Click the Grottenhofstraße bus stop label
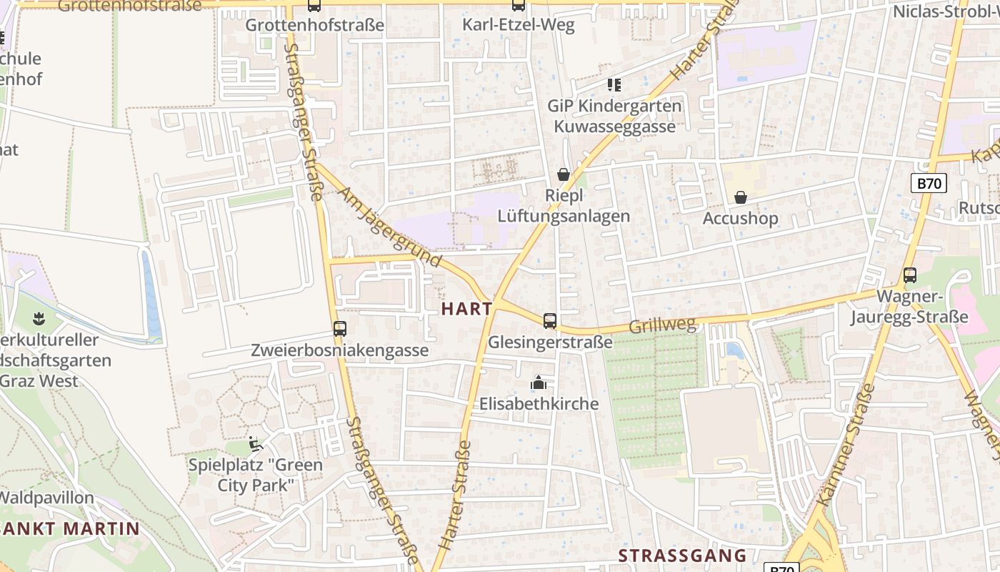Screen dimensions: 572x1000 coord(314,25)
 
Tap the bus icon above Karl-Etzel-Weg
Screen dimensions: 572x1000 coord(519,5)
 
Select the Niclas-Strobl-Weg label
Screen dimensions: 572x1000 coord(946,11)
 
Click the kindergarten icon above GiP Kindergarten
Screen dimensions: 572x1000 coord(614,85)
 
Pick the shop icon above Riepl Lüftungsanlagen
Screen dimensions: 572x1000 coord(564,174)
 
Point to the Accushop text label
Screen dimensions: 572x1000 coord(740,218)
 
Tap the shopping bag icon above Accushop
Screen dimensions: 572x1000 coord(741,197)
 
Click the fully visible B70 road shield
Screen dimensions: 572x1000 coord(929,183)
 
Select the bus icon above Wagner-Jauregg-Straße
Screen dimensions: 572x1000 coord(909,275)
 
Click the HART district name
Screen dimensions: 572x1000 coord(467,309)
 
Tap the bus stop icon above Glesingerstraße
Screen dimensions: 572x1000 coord(549,321)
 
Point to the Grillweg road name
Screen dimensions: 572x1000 coord(662,326)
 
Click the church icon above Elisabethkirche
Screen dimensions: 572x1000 coord(539,383)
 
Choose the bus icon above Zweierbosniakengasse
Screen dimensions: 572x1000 coord(340,329)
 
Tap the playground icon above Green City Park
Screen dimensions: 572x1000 coord(255,444)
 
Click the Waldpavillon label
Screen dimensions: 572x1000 coord(47,497)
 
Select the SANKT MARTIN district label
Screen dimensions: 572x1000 coord(70,529)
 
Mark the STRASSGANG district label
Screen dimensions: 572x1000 coord(682,556)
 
